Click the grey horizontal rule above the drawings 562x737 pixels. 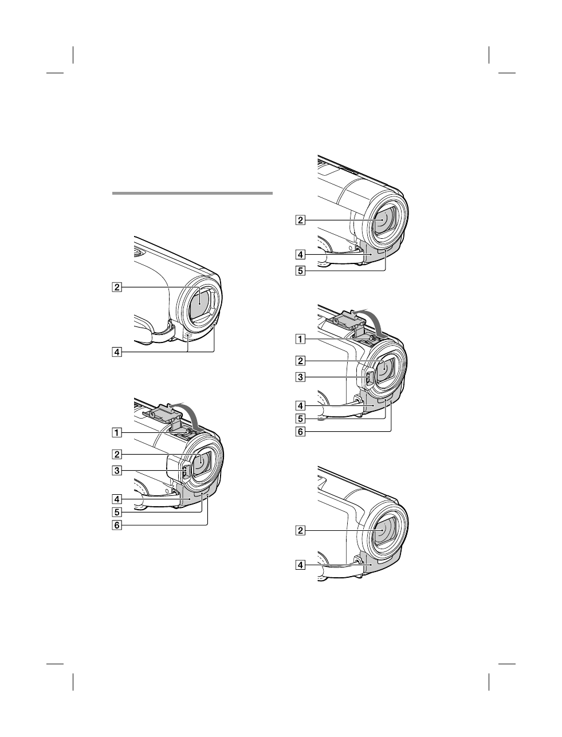coord(192,194)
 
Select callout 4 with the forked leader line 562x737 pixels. coord(116,352)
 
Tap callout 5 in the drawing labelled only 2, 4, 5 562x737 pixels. coord(300,271)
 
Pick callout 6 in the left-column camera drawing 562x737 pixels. coord(116,525)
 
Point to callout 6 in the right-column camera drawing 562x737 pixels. coord(300,432)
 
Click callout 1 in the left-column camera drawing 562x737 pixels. coord(116,433)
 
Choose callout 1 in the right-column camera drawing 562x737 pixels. coord(300,339)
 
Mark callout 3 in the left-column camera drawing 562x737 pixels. coord(116,471)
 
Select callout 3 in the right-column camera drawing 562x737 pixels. coord(300,377)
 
